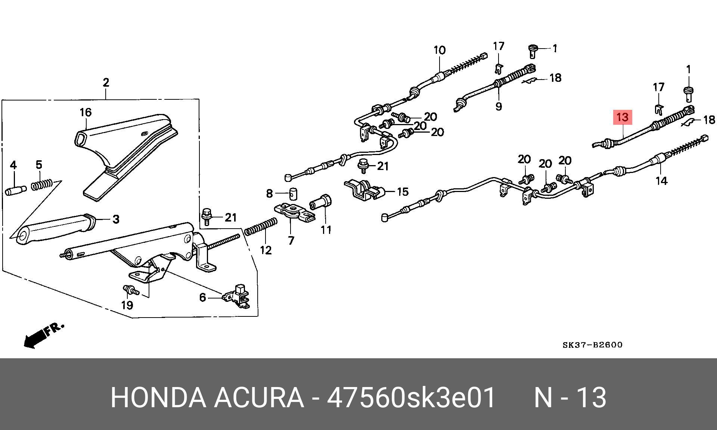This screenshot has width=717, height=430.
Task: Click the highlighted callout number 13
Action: (x=622, y=117)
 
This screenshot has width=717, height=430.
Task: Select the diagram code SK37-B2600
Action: (x=592, y=345)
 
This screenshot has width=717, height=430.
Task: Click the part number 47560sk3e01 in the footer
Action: (x=411, y=397)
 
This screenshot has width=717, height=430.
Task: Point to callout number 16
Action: (x=86, y=112)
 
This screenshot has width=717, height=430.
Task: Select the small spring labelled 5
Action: (x=41, y=185)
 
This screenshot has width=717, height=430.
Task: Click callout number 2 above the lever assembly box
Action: (x=106, y=83)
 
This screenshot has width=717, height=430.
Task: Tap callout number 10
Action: (x=440, y=50)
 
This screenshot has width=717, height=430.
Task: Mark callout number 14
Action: (x=661, y=181)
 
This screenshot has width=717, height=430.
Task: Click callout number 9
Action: (x=499, y=106)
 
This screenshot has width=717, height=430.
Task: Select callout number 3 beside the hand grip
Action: (x=116, y=219)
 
